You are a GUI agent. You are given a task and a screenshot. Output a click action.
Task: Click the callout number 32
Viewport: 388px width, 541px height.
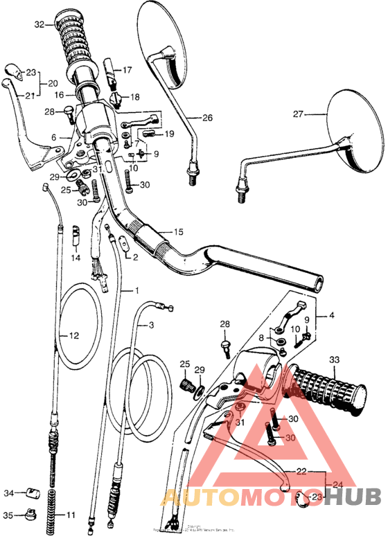click(x=39, y=24)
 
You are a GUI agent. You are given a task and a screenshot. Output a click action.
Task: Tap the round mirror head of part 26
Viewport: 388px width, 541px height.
click(x=165, y=42)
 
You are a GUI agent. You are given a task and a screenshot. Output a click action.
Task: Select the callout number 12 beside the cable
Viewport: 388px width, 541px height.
click(x=73, y=335)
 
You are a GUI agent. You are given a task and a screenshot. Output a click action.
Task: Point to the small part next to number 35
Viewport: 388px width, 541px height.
click(x=30, y=515)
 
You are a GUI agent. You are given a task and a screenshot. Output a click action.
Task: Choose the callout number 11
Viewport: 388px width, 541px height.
click(x=72, y=515)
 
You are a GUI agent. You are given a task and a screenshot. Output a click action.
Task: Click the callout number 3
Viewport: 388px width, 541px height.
click(x=152, y=324)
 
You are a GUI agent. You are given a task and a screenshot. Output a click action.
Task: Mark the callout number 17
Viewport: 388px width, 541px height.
click(x=127, y=70)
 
